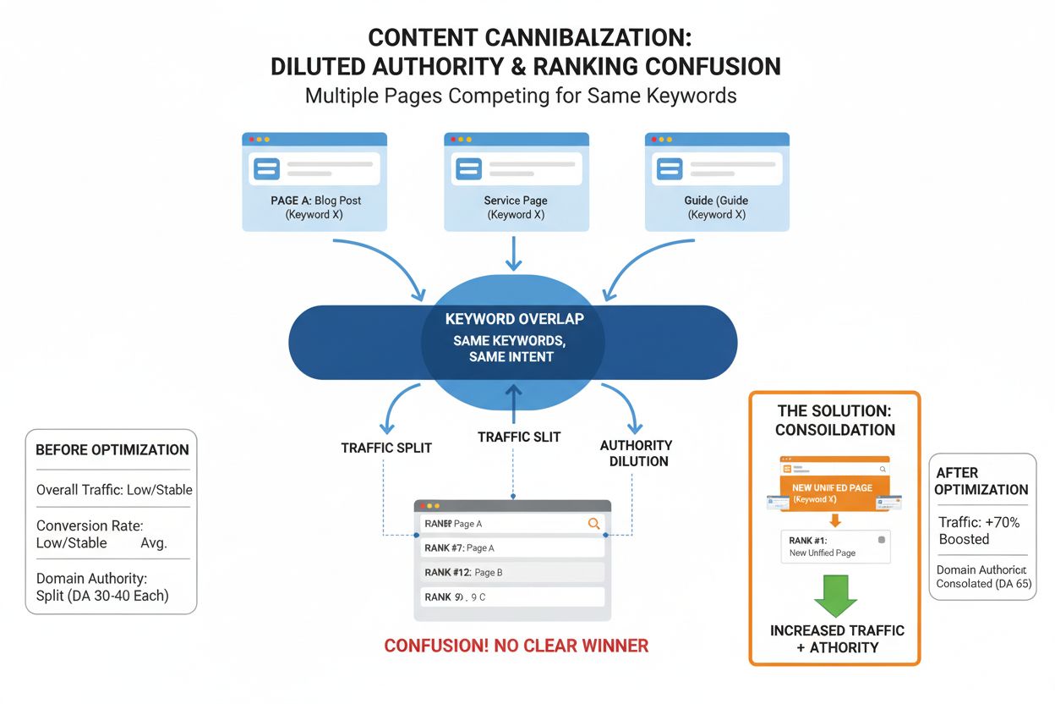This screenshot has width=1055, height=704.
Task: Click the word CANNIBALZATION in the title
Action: point(585,38)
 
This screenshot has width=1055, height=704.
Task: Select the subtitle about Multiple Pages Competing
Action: point(520,96)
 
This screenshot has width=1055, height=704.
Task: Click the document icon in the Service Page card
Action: point(467,168)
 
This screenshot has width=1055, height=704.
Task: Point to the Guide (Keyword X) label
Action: point(716,207)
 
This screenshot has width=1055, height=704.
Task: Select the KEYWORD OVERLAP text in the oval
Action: point(514,319)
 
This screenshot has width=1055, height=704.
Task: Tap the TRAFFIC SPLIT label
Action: point(386,448)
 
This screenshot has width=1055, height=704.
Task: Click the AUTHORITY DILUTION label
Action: point(636,453)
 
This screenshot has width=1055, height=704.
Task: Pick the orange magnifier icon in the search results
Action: point(593,524)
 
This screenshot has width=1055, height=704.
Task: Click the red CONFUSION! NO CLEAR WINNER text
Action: point(516,646)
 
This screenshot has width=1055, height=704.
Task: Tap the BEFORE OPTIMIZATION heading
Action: point(112,449)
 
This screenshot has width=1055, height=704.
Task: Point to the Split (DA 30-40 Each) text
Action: point(102,595)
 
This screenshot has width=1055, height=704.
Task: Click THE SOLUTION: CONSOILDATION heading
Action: point(835,420)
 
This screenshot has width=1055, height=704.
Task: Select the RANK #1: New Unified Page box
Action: point(834,546)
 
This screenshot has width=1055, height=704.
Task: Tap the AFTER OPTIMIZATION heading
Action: point(981,481)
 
